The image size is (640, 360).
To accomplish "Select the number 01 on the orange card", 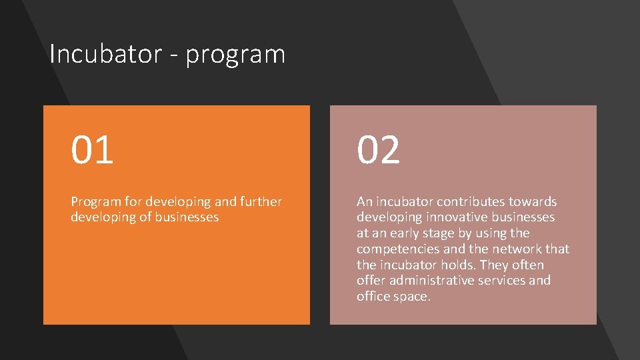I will [93, 149].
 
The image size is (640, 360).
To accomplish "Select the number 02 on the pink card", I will [379, 149].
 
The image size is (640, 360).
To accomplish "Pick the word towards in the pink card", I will [534, 201].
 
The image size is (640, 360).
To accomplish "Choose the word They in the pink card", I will [495, 265].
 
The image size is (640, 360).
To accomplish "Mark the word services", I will [506, 281].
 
